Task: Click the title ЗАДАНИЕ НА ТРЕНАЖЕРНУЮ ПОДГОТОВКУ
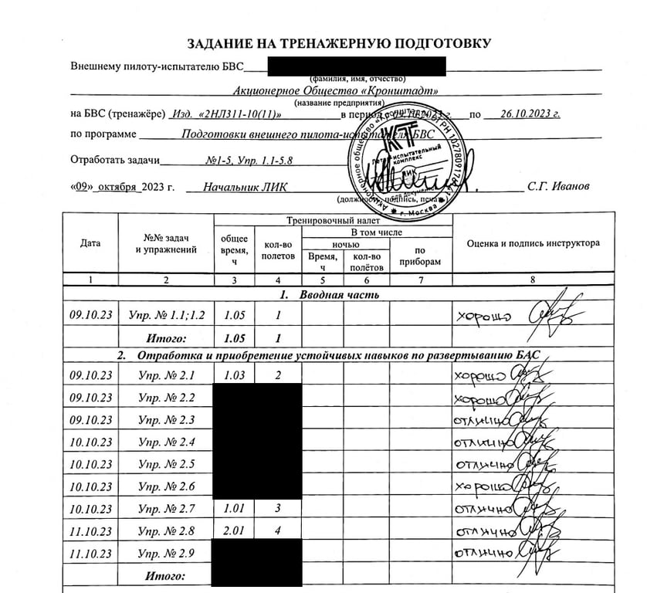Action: point(339,44)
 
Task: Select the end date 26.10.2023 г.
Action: point(530,114)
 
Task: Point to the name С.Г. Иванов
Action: point(558,187)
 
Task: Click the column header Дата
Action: point(90,243)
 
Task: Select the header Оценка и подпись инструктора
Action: point(533,243)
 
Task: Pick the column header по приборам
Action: point(420,256)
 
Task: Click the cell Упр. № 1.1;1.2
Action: point(166,315)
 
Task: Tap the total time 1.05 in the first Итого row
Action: point(233,337)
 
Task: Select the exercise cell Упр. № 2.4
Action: point(166,442)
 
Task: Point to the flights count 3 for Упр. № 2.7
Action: point(277,509)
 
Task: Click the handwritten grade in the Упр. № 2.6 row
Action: point(480,487)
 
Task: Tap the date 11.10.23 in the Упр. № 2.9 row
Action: point(90,554)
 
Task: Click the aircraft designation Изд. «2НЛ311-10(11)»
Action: point(225,114)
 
